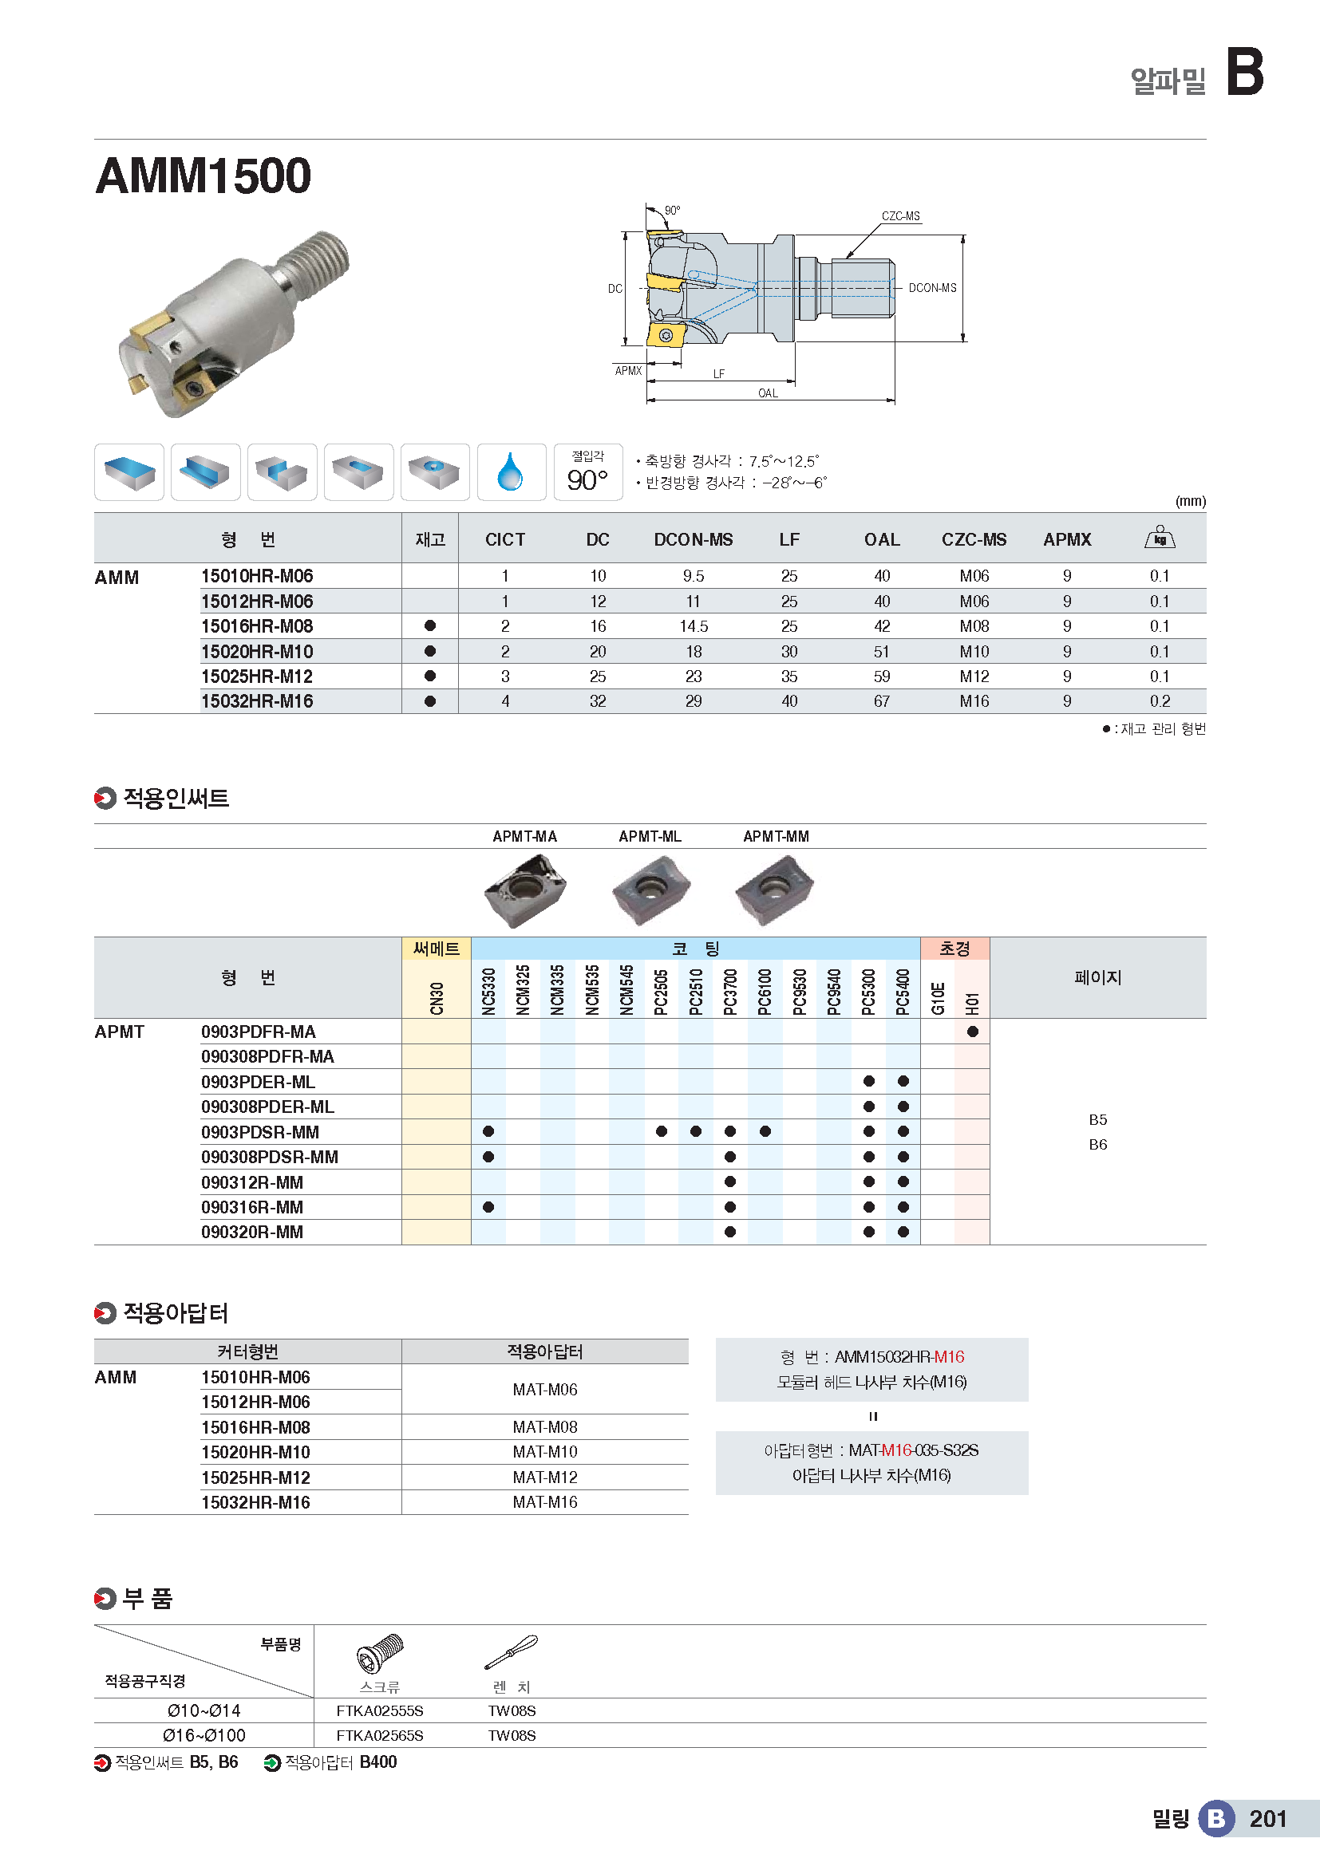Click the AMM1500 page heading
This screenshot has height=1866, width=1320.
coord(204,176)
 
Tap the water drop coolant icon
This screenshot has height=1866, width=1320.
coord(511,472)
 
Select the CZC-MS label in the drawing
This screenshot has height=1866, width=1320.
coord(900,216)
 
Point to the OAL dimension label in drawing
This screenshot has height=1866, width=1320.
coord(767,393)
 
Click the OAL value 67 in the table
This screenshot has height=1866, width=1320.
coord(881,701)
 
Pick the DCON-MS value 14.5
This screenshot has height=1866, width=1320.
coord(693,626)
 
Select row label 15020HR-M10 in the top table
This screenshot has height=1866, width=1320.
coord(257,652)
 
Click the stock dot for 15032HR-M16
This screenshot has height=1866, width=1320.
coord(430,701)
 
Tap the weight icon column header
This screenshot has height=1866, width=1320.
coord(1159,538)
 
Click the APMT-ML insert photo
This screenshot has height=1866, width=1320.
coord(650,889)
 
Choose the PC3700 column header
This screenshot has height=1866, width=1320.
coord(730,992)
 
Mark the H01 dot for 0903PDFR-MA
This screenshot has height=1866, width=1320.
coord(972,1032)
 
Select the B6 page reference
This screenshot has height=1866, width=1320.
coord(1097,1145)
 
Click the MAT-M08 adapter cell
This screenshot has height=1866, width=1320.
coord(544,1427)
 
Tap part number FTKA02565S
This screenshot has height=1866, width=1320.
coord(380,1736)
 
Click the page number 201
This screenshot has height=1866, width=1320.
coord(1267,1819)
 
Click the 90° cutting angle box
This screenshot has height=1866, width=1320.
coord(587,472)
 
